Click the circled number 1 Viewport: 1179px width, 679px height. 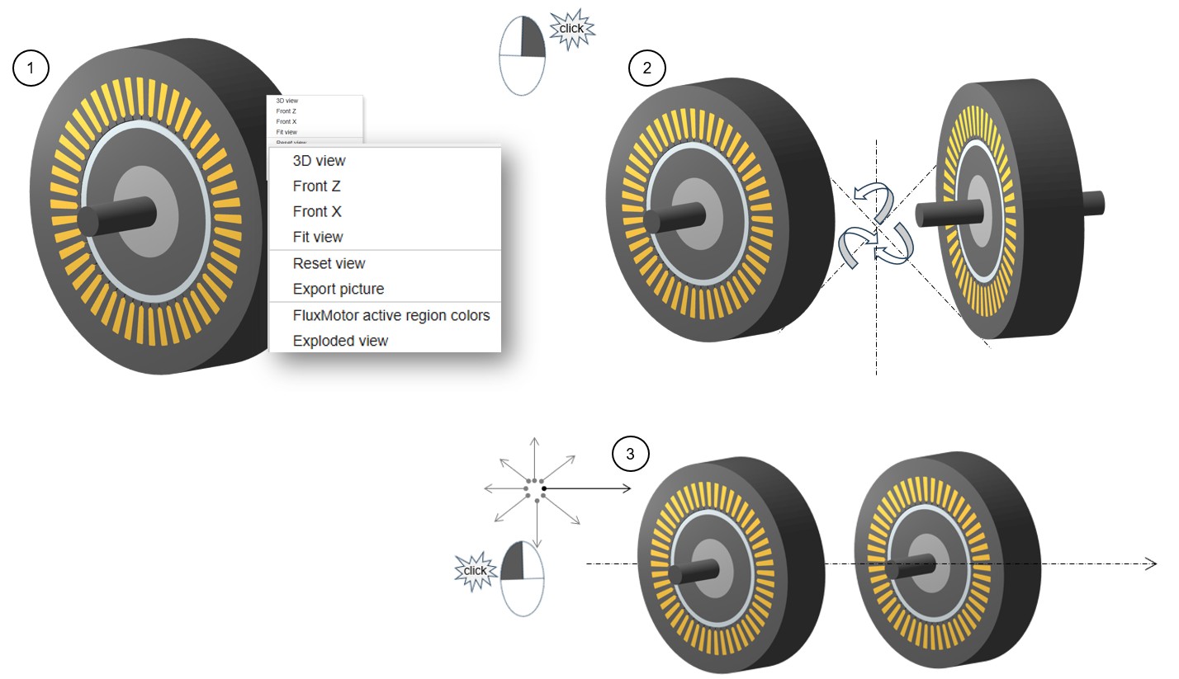(31, 68)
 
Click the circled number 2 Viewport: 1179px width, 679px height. (646, 68)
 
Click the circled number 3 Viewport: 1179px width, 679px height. (631, 453)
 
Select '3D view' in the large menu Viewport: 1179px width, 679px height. (319, 161)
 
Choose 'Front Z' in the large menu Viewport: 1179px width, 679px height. (316, 186)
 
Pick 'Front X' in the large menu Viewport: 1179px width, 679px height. (317, 212)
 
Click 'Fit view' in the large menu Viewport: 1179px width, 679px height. (318, 237)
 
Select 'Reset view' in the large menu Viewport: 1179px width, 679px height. (329, 263)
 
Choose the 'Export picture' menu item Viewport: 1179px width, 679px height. (338, 289)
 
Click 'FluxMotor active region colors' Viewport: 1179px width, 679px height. (391, 315)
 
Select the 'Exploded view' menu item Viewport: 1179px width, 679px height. (340, 341)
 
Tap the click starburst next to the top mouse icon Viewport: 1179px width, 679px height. (571, 29)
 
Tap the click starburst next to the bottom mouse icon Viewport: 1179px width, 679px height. (475, 571)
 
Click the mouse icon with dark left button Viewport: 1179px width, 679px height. (523, 578)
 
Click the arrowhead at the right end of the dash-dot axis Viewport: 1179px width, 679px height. (1152, 563)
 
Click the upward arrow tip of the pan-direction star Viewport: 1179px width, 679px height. (534, 439)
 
